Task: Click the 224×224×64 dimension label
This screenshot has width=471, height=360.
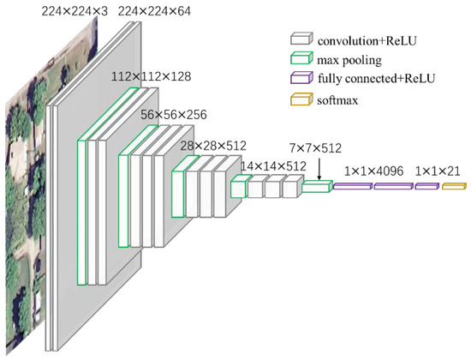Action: (154, 10)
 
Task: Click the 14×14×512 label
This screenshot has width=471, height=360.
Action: (271, 165)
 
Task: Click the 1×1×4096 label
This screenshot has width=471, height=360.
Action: (372, 171)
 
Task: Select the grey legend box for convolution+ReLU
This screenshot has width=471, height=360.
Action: (300, 39)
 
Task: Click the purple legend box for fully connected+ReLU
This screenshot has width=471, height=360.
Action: (300, 79)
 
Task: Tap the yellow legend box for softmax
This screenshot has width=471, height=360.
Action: (300, 99)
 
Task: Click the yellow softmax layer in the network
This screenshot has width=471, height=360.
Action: (453, 185)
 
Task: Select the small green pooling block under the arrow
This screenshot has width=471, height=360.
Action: (316, 186)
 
